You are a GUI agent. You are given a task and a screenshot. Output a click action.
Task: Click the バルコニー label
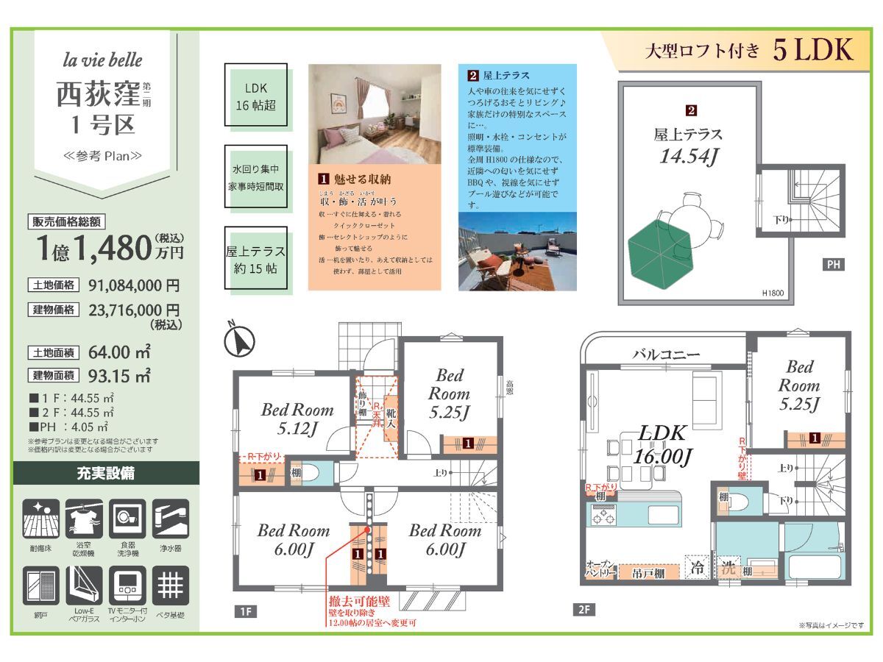[x=666, y=355]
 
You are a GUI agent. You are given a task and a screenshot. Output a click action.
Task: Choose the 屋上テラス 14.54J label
[x=688, y=145]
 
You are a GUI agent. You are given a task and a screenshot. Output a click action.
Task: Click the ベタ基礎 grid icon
[x=170, y=586]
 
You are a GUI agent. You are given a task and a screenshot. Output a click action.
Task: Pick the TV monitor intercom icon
[x=127, y=586]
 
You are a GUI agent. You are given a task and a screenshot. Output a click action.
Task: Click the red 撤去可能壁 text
[x=359, y=602]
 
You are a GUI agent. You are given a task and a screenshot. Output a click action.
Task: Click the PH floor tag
[x=834, y=264]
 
